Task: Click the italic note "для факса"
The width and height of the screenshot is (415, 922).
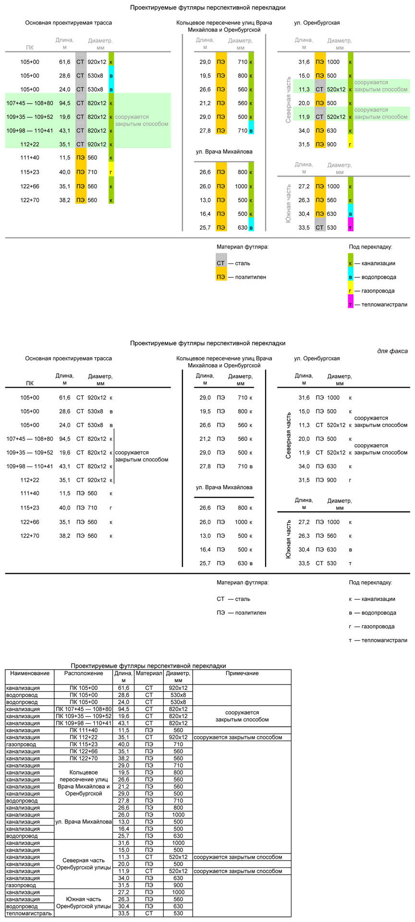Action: tap(392, 351)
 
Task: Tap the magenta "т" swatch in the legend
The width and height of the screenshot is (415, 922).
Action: tap(351, 305)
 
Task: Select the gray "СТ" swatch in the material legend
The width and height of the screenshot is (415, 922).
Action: tap(221, 263)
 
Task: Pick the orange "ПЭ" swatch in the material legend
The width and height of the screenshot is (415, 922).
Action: tap(221, 277)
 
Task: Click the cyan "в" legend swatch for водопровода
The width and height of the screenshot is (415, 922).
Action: tap(351, 277)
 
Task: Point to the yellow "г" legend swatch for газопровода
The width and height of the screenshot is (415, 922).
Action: tap(351, 291)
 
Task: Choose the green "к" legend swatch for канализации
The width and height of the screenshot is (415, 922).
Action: tap(351, 263)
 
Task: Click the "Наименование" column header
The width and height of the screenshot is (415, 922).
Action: tap(30, 674)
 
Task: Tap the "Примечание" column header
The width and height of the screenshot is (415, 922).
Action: tap(242, 674)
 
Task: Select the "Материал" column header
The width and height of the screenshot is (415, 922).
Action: tap(149, 674)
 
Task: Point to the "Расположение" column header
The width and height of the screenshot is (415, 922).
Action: tap(84, 674)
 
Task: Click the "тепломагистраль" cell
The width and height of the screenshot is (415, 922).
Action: tap(29, 913)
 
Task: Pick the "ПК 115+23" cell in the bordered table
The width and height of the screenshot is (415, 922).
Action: tap(84, 745)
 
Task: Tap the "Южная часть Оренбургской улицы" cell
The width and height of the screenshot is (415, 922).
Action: tap(84, 903)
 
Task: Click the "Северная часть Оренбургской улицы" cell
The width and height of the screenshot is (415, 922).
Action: tap(84, 864)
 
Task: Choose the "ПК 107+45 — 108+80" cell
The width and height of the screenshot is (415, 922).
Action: tap(84, 709)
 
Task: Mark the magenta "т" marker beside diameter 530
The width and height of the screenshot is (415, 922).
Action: tap(351, 227)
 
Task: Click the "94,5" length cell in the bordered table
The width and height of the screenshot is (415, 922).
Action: tap(123, 709)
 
